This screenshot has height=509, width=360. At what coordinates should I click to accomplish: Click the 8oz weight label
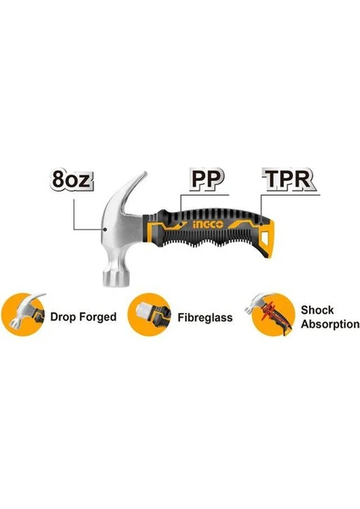pyautogui.click(x=72, y=179)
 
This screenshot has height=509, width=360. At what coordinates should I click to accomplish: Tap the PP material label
pyautogui.click(x=207, y=178)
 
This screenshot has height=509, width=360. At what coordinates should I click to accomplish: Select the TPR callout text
pyautogui.click(x=289, y=178)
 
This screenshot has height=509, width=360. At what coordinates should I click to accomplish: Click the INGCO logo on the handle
pyautogui.click(x=208, y=225)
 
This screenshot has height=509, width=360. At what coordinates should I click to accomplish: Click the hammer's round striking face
pyautogui.click(x=116, y=278)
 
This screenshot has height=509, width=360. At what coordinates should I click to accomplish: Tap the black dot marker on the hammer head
pyautogui.click(x=105, y=229)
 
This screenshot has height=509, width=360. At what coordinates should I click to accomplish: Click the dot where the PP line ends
pyautogui.click(x=181, y=224)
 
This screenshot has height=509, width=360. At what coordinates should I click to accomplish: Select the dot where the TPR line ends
pyautogui.click(x=262, y=224)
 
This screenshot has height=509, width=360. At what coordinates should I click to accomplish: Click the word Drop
pyautogui.click(x=63, y=317)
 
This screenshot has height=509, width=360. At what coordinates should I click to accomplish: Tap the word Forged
pyautogui.click(x=98, y=316)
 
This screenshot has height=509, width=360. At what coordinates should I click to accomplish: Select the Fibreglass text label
pyautogui.click(x=205, y=317)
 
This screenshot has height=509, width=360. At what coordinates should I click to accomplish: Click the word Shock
pyautogui.click(x=317, y=310)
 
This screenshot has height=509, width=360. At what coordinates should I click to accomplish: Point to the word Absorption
pyautogui.click(x=330, y=324)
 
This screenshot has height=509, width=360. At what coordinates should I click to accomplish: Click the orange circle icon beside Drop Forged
pyautogui.click(x=24, y=314)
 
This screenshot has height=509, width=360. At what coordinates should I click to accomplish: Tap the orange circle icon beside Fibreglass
pyautogui.click(x=149, y=314)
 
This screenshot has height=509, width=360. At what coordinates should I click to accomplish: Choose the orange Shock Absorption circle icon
pyautogui.click(x=273, y=314)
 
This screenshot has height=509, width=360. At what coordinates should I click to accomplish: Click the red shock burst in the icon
pyautogui.click(x=269, y=310)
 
